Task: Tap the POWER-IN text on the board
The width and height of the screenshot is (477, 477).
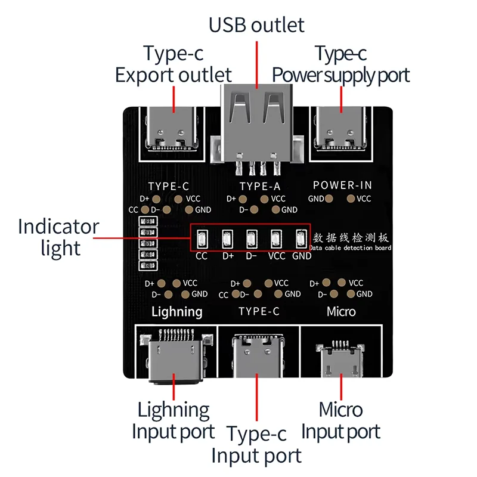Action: point(342,185)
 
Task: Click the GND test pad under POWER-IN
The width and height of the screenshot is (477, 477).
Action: point(332,199)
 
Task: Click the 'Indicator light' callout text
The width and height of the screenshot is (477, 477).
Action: point(58,237)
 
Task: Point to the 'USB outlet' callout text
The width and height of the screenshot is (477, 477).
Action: point(256,25)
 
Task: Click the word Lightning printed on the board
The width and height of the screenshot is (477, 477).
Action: point(176,311)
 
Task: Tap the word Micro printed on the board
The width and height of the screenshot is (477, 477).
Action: point(341,311)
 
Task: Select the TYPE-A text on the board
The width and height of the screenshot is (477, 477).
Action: point(259,186)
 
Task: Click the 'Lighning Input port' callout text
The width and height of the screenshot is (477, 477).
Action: point(173,420)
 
